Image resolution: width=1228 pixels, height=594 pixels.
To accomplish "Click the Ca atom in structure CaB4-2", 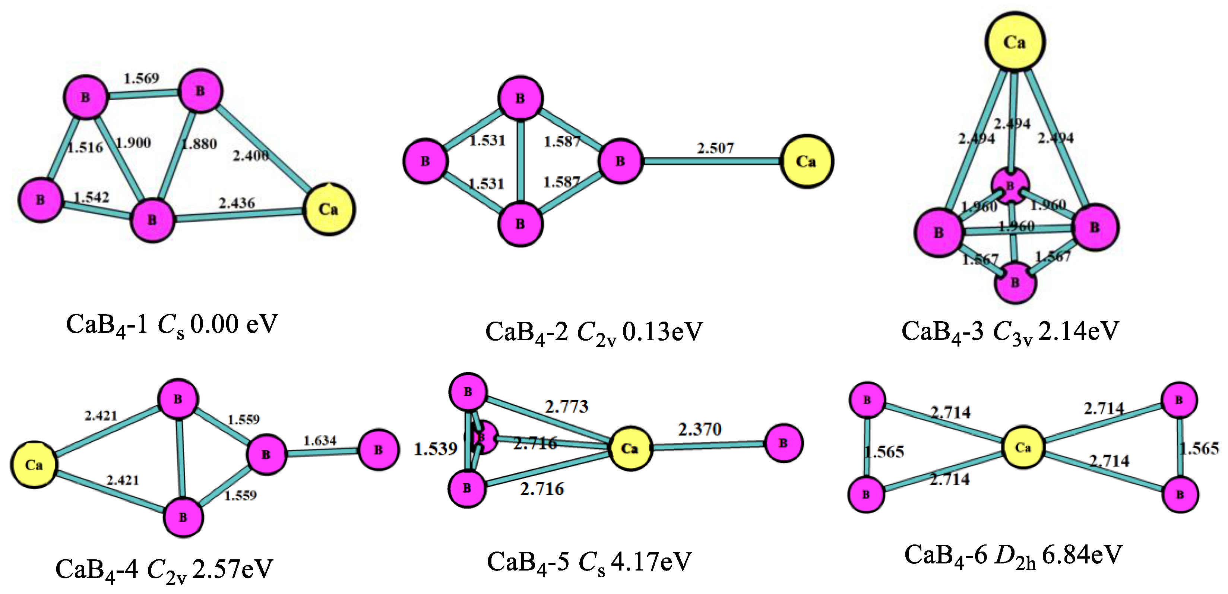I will tap(806, 162).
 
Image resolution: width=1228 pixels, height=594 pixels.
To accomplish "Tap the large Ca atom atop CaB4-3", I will tap(1015, 42).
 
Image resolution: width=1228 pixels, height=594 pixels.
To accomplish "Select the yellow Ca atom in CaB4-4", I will tap(34, 465).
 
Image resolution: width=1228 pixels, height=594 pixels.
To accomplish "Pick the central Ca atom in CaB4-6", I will tap(1023, 448).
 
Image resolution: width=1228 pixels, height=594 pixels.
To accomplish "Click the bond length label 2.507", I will tap(715, 148).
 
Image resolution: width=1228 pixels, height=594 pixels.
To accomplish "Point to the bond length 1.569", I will tap(141, 78).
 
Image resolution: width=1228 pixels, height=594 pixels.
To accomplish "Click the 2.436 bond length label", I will tap(237, 203).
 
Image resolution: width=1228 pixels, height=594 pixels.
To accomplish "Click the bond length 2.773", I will tap(566, 406).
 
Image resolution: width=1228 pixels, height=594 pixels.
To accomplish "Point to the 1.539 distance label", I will tap(435, 449).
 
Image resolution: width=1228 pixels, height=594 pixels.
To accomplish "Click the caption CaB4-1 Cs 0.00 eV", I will tap(172, 325).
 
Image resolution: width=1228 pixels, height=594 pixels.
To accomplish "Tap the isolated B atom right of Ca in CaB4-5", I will tap(783, 443).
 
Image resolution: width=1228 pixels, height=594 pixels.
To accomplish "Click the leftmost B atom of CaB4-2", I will tap(425, 161).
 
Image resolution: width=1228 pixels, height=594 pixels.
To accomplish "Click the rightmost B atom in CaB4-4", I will tap(379, 449).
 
